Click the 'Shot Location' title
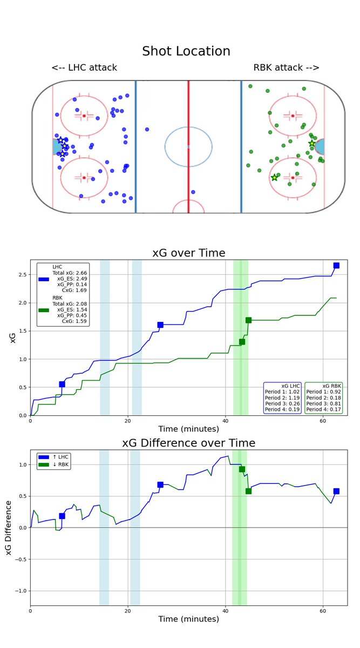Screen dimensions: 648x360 pos(186,51)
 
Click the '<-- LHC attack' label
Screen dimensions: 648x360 pos(84,67)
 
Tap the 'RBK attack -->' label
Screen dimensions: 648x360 pos(286,67)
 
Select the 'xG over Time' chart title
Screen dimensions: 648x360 pos(186,253)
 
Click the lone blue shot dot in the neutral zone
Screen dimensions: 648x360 pos(147,130)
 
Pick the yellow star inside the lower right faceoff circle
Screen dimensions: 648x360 pos(275,177)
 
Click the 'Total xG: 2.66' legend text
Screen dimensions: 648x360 pos(70,273)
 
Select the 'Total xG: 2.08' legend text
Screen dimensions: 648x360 pos(70,304)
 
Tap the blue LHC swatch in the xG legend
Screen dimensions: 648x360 pos(45,279)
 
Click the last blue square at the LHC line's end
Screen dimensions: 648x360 pos(336,265)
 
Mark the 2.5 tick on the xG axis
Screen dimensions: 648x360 pos(24,275)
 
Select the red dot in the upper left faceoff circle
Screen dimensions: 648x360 pos(84,116)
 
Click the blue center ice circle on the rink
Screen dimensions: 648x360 pos(188,146)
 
